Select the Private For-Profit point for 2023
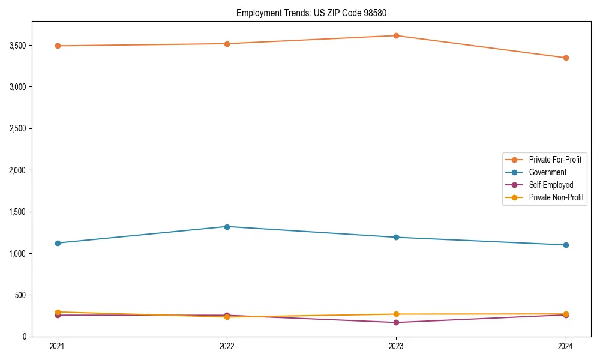(396, 35)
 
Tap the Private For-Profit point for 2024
(566, 58)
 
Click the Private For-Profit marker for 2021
(58, 46)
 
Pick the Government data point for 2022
(227, 227)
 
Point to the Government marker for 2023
(396, 237)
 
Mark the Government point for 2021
(58, 243)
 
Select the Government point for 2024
(566, 245)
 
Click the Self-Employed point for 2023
(396, 322)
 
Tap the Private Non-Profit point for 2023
(396, 314)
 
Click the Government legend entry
(547, 172)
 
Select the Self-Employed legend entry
(551, 185)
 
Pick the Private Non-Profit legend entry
(556, 197)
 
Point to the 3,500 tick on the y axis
(25, 45)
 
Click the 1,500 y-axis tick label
(25, 212)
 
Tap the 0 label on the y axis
(31, 337)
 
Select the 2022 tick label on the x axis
(227, 346)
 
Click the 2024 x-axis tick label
(566, 346)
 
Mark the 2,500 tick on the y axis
(25, 128)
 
